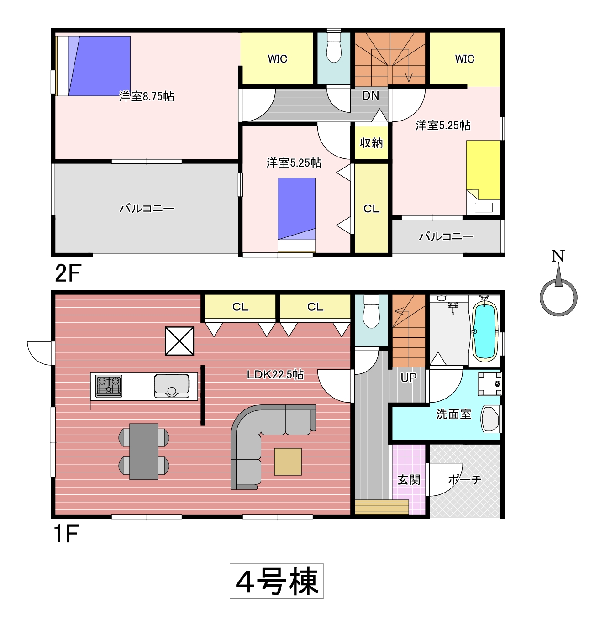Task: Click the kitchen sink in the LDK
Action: point(172,386)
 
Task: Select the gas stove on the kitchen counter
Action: point(109,386)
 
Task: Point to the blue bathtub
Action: point(484,331)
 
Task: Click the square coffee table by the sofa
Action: point(288,461)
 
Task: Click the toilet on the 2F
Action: point(334,47)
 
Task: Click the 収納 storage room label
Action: point(371,143)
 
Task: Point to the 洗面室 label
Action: point(453,414)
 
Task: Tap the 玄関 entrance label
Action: point(409,480)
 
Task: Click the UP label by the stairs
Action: point(409,378)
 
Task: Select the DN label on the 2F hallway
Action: point(370,95)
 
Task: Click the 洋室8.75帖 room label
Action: point(147,96)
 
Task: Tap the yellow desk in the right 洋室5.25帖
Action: point(483,170)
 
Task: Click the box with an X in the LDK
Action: point(179,341)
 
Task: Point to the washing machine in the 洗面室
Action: point(489,383)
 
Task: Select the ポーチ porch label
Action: point(464,480)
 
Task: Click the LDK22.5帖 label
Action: point(275,374)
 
